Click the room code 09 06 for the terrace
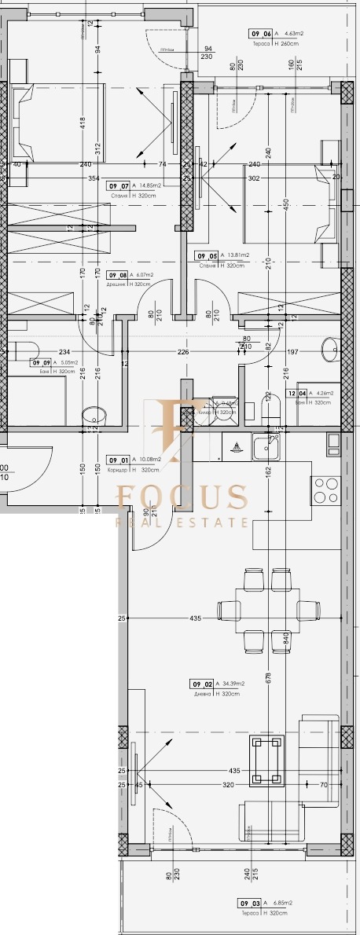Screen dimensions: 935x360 pyautogui.click(x=262, y=34)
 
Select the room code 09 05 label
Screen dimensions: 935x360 pyautogui.click(x=208, y=255)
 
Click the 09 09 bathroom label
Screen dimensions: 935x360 pyautogui.click(x=40, y=362)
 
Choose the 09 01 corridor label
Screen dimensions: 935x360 pyautogui.click(x=119, y=460)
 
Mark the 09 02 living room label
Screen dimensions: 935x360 pyautogui.click(x=204, y=684)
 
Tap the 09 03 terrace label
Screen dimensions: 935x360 pyautogui.click(x=251, y=904)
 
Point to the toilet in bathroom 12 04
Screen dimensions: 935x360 pyautogui.click(x=271, y=409)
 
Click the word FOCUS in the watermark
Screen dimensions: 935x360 pyautogui.click(x=182, y=497)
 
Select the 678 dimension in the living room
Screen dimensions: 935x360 pyautogui.click(x=269, y=676)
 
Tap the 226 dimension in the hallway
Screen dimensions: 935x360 pyautogui.click(x=183, y=352)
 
